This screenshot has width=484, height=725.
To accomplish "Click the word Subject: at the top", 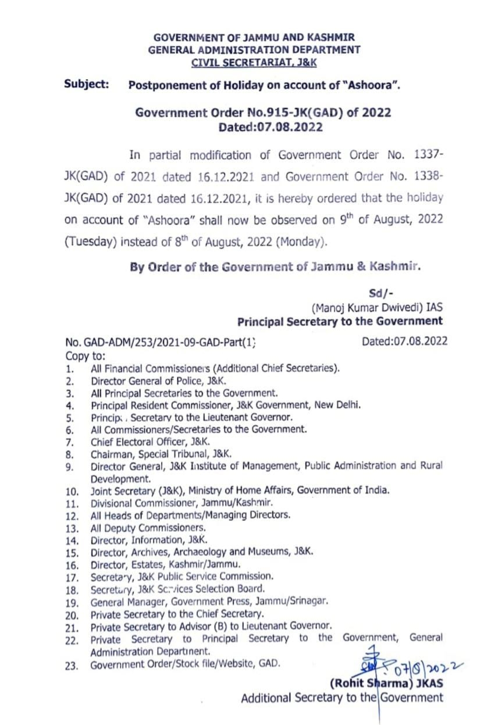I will point(87,84).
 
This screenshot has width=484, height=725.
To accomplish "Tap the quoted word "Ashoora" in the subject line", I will point(372,86).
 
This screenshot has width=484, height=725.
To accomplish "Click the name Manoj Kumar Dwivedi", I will point(358,308).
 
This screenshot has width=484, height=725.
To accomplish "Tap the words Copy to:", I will point(85,356).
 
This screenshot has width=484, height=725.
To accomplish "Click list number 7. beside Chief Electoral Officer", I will point(70,442).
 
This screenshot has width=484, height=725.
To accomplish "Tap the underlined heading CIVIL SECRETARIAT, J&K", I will point(254,62).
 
